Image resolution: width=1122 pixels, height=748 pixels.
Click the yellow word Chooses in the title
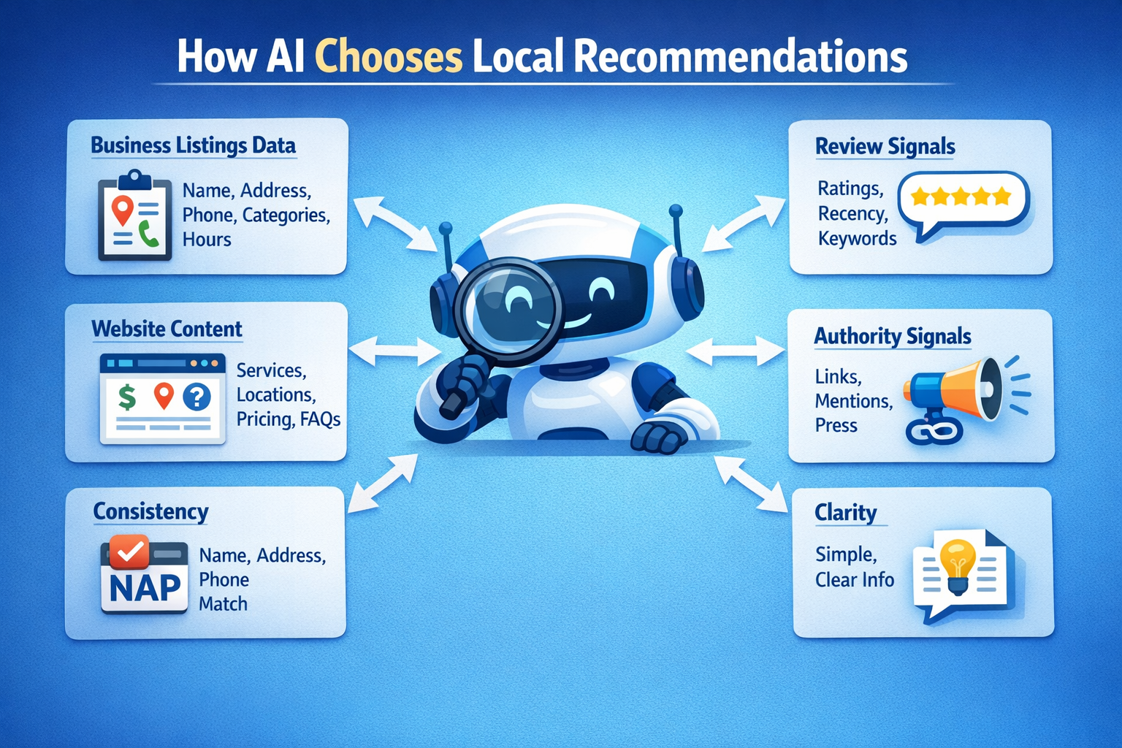[389, 57]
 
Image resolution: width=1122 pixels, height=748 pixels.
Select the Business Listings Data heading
[193, 145]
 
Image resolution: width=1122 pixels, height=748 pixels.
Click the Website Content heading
[167, 329]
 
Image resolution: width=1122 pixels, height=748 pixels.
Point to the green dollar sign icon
[127, 397]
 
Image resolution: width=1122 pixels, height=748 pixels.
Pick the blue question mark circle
[196, 397]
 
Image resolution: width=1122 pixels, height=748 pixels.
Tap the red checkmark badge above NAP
[130, 552]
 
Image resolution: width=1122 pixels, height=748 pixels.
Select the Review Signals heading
[885, 146]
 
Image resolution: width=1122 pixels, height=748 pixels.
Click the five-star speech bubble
[962, 200]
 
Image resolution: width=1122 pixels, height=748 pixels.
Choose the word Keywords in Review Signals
[857, 238]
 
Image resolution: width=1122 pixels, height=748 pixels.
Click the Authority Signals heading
[892, 336]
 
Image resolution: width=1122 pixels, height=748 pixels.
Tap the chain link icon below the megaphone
[933, 431]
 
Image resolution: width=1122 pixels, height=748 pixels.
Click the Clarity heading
[845, 512]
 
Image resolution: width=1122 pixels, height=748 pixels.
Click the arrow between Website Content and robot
[394, 351]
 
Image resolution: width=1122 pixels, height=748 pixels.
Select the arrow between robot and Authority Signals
[734, 351]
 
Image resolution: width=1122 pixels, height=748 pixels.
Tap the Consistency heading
[150, 511]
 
